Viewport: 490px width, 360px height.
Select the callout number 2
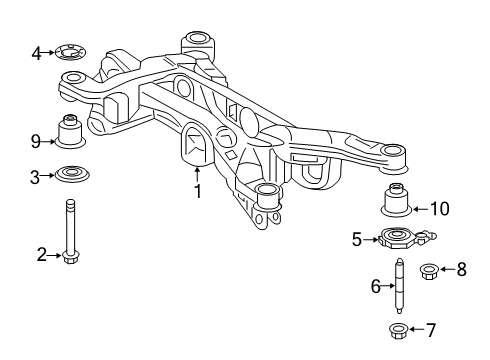pos(42,256)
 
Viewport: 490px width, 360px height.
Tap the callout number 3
pos(36,177)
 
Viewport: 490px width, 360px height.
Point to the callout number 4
pos(36,52)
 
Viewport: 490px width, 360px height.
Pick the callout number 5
pos(356,239)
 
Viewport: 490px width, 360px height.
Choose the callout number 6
pos(377,286)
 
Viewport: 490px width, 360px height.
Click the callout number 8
pos(460,268)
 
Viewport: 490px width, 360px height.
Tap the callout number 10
pos(440,208)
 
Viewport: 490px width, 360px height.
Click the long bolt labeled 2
pos(72,230)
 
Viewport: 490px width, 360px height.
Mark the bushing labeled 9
pos(73,130)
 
